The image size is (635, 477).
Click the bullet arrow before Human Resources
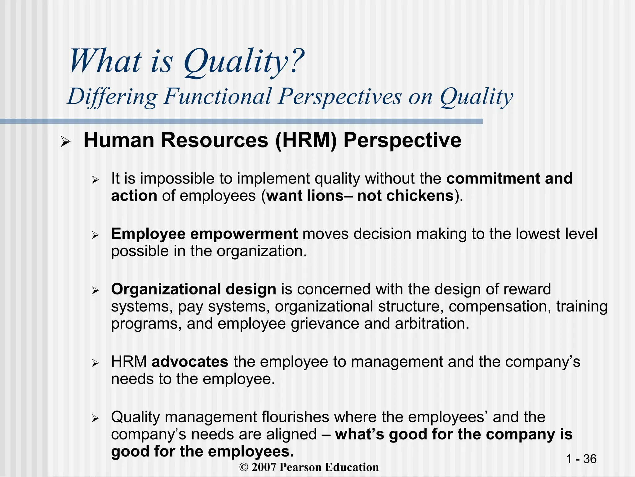66,142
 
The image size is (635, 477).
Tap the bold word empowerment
244,234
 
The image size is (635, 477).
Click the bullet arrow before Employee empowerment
95,236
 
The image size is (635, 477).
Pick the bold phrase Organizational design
193,289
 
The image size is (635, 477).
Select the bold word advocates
190,362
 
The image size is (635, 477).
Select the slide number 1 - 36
581,459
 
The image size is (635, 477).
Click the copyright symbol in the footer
244,467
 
